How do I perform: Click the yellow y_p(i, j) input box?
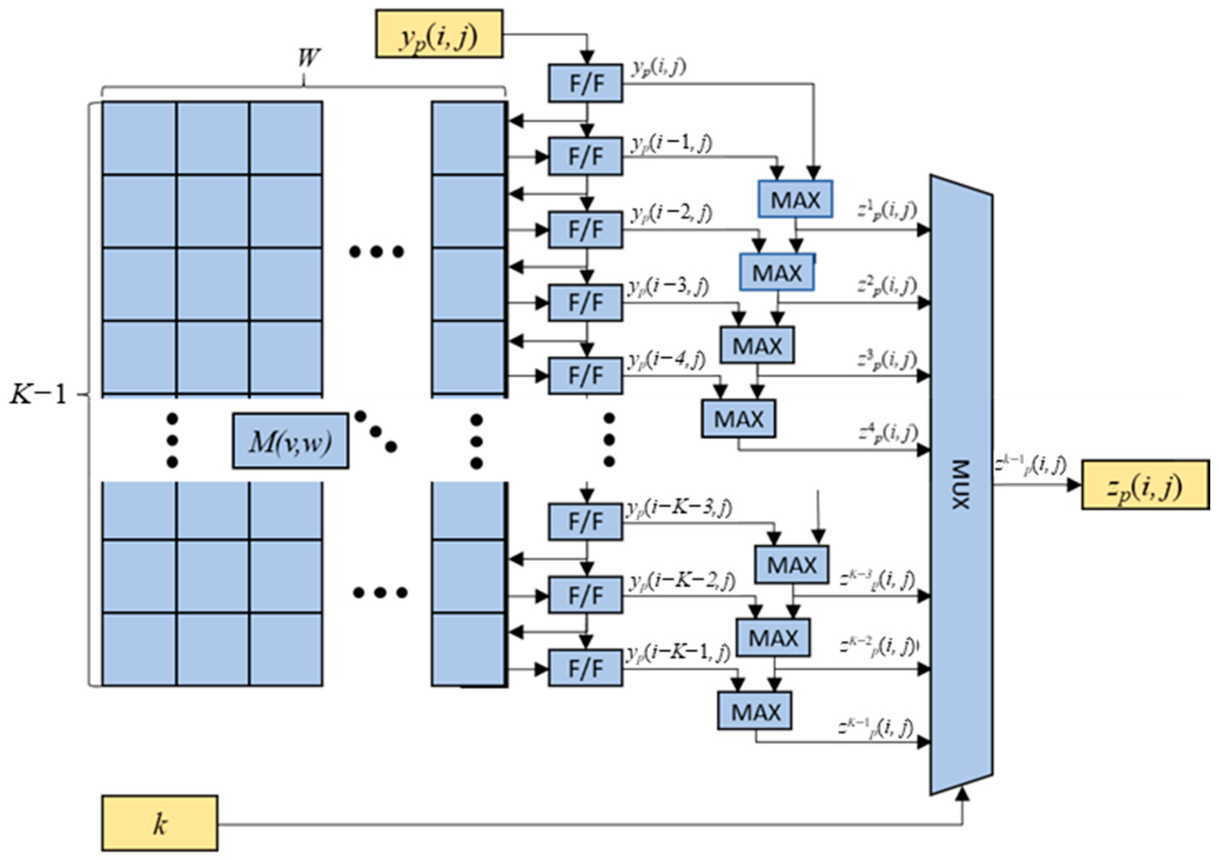click(x=439, y=33)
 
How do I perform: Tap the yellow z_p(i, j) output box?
click(x=1145, y=485)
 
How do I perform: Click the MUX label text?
click(x=960, y=484)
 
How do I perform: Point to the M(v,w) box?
click(x=291, y=441)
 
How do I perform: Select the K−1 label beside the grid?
click(x=39, y=394)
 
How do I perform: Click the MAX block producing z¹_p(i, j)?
click(x=795, y=200)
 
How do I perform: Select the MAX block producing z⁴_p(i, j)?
click(x=738, y=419)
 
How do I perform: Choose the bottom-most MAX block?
click(x=755, y=711)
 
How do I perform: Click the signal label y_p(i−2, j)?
click(x=671, y=213)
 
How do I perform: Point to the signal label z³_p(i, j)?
click(x=887, y=360)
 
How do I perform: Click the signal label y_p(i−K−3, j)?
click(x=679, y=508)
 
